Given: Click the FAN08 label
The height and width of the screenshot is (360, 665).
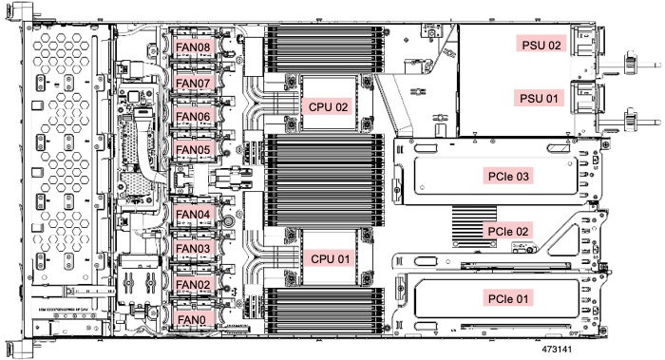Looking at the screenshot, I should pyautogui.click(x=194, y=44).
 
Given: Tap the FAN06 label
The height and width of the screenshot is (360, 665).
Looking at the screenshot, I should pyautogui.click(x=194, y=116).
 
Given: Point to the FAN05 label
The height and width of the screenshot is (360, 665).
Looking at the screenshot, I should pyautogui.click(x=194, y=149).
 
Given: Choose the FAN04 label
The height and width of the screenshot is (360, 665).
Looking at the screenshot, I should pyautogui.click(x=194, y=214).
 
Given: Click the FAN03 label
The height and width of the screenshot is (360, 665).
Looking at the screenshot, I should pyautogui.click(x=194, y=249).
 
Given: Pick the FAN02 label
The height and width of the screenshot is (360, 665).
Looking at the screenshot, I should pyautogui.click(x=194, y=284).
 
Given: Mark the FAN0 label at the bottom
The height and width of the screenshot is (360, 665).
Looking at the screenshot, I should pyautogui.click(x=191, y=320).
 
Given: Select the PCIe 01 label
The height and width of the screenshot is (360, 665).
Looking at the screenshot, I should pyautogui.click(x=512, y=296).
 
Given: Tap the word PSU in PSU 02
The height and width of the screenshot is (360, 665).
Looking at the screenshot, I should pyautogui.click(x=531, y=44).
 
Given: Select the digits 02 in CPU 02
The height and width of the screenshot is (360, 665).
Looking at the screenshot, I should pyautogui.click(x=342, y=106).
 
